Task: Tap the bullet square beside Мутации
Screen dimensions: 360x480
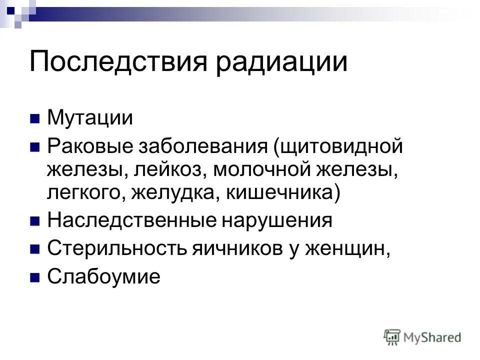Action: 34,119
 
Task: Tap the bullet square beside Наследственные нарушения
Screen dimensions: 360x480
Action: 34,221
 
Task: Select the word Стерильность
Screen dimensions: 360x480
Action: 117,248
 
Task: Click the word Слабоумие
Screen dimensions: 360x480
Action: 103,276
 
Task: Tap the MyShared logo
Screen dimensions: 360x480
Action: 422,337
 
